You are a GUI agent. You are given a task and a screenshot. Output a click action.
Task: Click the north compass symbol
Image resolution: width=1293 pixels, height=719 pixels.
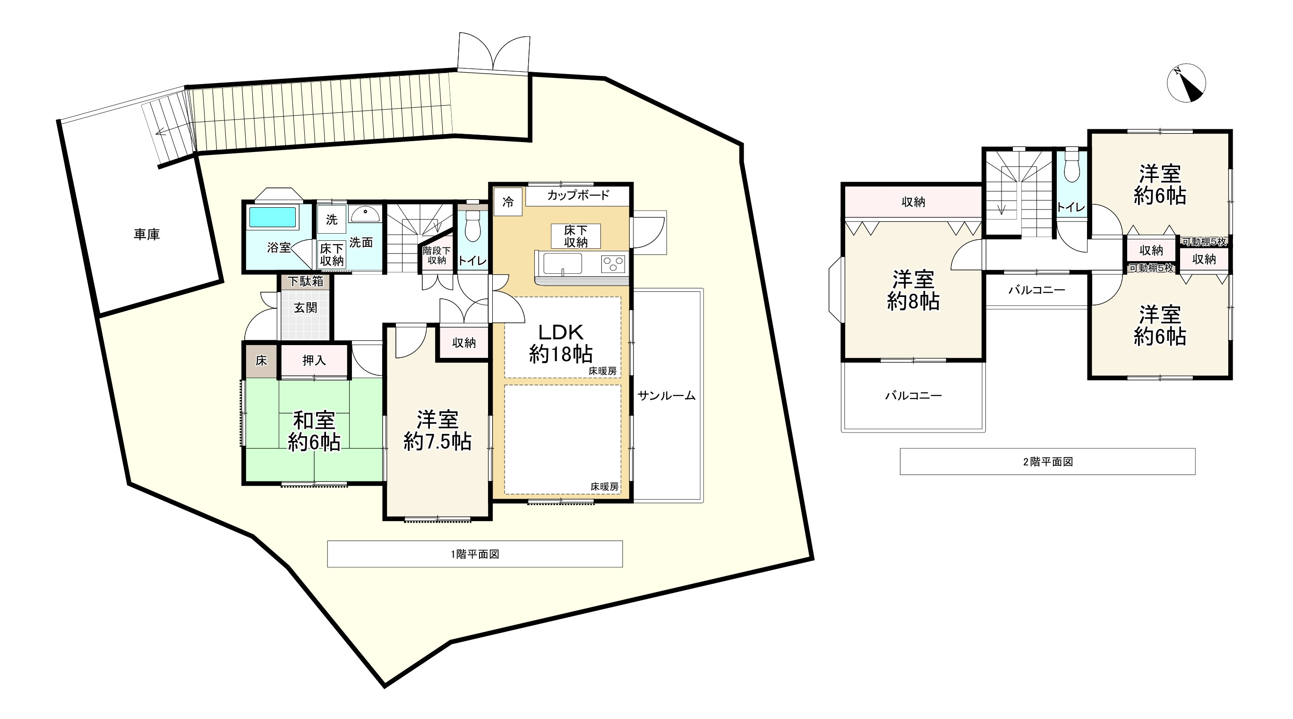[1186, 83]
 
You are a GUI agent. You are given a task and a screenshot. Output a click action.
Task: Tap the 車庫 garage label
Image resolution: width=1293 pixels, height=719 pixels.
[146, 234]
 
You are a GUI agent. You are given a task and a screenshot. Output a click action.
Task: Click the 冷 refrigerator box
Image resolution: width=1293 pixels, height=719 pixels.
[508, 202]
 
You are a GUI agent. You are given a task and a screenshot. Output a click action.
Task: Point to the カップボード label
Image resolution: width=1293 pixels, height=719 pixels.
[578, 195]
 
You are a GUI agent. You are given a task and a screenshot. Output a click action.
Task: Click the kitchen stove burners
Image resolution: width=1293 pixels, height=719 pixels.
[613, 263]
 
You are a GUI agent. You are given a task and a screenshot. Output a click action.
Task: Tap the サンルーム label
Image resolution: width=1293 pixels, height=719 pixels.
[666, 396]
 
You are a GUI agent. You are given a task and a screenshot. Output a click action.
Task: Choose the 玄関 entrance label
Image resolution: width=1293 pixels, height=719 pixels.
[305, 307]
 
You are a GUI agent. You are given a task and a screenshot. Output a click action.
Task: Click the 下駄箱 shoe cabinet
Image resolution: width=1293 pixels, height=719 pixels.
[305, 281]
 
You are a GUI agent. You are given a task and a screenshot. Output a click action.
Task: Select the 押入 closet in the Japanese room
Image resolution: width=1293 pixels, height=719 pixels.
[314, 360]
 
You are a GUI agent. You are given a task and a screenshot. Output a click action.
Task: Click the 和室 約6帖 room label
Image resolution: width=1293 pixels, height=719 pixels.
[314, 431]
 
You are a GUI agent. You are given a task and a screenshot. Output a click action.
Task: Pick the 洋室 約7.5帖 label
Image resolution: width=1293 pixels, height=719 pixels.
[437, 430]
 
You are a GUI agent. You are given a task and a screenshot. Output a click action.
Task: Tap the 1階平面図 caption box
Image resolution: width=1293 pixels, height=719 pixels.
[475, 554]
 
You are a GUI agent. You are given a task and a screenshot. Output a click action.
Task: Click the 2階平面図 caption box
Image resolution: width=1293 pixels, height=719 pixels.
[1047, 462]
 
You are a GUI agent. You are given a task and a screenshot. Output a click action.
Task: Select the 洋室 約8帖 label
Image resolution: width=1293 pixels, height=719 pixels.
[913, 290]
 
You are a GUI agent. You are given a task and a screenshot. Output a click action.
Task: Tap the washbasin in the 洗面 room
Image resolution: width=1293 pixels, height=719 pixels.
[364, 214]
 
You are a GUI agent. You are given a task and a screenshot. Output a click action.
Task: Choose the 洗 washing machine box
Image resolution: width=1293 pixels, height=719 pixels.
[331, 219]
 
